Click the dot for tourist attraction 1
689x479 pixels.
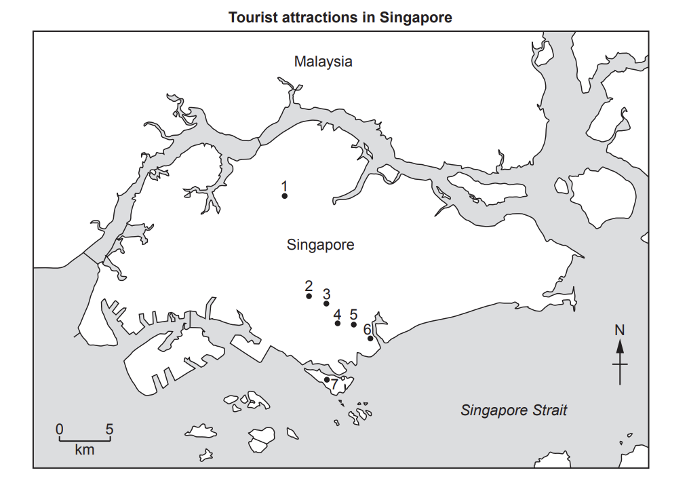coord(285,196)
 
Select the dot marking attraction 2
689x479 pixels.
coord(309,296)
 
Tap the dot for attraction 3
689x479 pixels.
coord(326,303)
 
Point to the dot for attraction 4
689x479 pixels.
coord(338,324)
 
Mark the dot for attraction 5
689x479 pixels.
coord(353,324)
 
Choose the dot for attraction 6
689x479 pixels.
coord(370,338)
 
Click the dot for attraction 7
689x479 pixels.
coord(327,379)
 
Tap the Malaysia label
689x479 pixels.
coord(323,61)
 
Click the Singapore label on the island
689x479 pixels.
coord(320,244)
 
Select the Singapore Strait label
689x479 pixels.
coord(513,410)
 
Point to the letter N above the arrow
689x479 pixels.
coord(619,330)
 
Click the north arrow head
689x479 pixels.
coord(620,345)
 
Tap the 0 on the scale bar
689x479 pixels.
coord(60,429)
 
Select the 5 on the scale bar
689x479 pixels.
coord(109,429)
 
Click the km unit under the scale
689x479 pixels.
coord(85,449)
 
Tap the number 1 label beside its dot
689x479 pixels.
coord(285,186)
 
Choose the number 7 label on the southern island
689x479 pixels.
coord(334,384)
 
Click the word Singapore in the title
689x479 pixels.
coord(415,18)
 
